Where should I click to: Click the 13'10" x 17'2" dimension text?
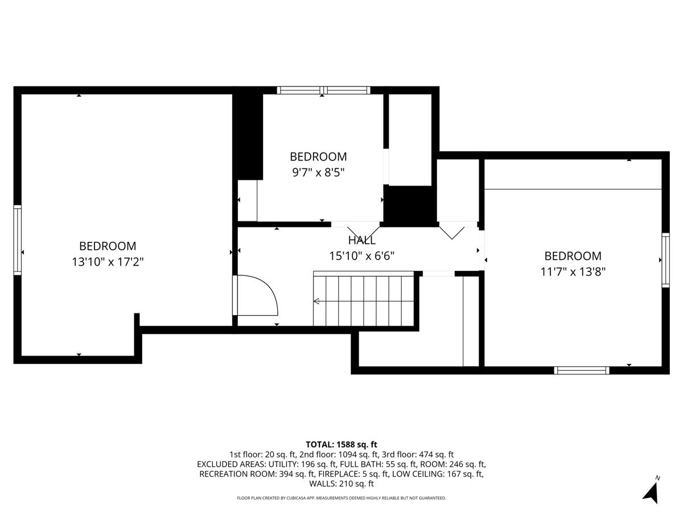click(x=108, y=262)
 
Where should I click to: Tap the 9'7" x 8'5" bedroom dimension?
click(x=318, y=172)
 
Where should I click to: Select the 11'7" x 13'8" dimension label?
click(x=573, y=272)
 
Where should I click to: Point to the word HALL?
click(x=361, y=240)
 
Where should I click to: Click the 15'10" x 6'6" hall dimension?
click(x=362, y=256)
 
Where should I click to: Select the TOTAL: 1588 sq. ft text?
click(x=341, y=444)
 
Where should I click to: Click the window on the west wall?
click(x=18, y=240)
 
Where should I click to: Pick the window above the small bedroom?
click(x=324, y=90)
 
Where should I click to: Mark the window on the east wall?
click(x=665, y=260)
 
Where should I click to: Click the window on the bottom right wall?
click(x=582, y=370)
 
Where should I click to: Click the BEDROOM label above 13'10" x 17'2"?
click(x=108, y=246)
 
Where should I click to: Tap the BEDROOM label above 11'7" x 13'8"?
click(x=573, y=256)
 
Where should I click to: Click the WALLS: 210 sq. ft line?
click(x=341, y=484)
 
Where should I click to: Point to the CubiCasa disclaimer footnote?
click(x=341, y=498)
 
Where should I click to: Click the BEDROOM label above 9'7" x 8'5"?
click(x=318, y=156)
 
